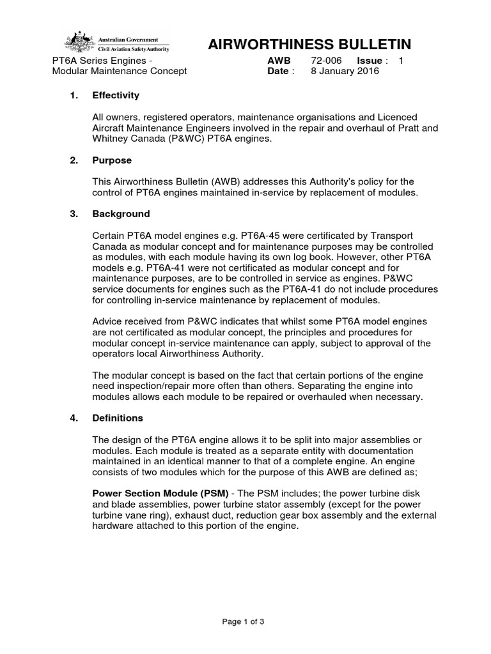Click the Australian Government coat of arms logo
[79, 42]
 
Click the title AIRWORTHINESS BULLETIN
[309, 44]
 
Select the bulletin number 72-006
[327, 60]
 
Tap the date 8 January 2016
[345, 71]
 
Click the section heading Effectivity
[116, 95]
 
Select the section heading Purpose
[112, 160]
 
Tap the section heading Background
[121, 213]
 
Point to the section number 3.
[74, 213]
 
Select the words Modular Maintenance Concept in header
[119, 71]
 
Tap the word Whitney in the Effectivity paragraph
[111, 139]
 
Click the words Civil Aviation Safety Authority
[136, 47]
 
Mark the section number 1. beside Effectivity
[74, 95]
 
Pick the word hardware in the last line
[115, 526]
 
